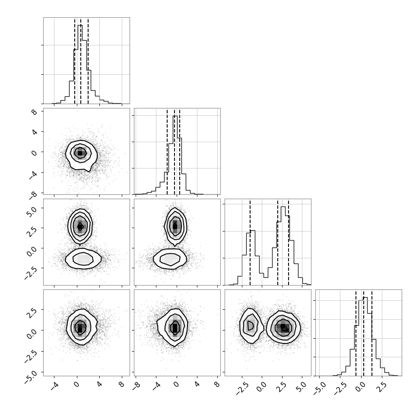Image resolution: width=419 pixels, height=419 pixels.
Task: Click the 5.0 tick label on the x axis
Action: click(301, 387)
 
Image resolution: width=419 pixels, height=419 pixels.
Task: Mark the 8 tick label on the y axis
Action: click(35, 112)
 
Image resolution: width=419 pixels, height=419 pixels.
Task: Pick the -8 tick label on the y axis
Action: click(33, 194)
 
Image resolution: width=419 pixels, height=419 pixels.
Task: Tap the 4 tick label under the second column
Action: click(197, 384)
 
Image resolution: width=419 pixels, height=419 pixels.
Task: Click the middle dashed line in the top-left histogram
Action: click(81, 60)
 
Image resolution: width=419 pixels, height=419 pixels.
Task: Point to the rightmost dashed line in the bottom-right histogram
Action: click(372, 333)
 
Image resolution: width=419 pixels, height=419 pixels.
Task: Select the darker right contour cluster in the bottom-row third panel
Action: click(283, 327)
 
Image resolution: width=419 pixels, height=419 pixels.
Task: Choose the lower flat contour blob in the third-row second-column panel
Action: click(170, 259)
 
